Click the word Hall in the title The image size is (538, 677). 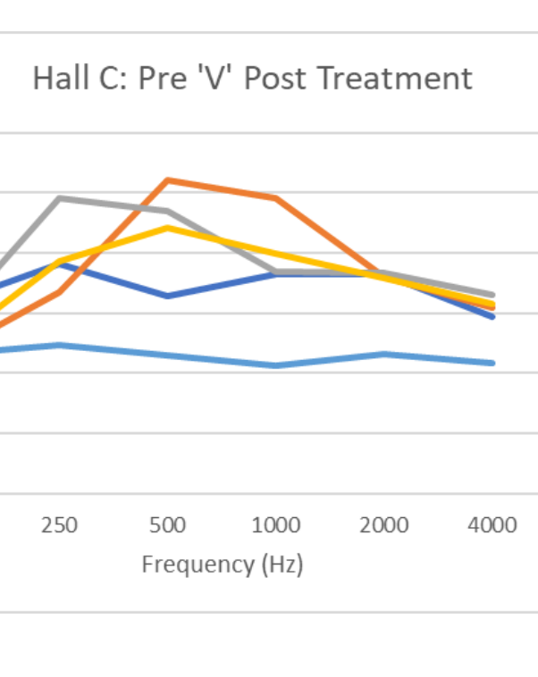coord(56,79)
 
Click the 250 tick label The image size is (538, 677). coord(59,524)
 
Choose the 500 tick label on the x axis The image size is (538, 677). coord(167,524)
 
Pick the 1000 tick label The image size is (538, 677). coord(275,524)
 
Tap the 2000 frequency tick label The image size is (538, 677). coord(384,524)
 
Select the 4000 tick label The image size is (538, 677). coord(492,524)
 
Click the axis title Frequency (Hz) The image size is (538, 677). coord(223,564)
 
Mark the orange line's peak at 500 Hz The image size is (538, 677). coord(167,180)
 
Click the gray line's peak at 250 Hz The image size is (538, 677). coord(59,197)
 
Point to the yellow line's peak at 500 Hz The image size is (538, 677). coord(167,228)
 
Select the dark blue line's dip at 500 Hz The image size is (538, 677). coord(167,296)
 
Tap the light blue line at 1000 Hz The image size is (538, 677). coord(275,365)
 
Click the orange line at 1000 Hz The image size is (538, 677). coord(275,197)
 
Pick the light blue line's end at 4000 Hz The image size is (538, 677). coord(492,363)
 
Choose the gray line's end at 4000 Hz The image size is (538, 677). coord(492,295)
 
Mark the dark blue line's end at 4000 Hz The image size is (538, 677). coord(492,316)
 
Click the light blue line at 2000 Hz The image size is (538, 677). coord(384,354)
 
